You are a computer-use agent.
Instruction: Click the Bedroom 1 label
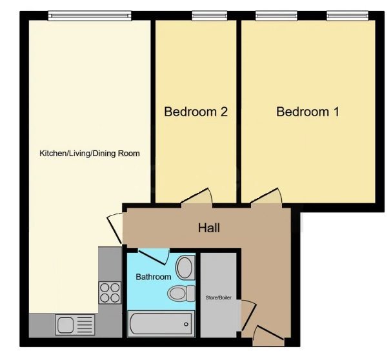[x=308, y=112]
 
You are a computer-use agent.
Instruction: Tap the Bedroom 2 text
[x=195, y=112]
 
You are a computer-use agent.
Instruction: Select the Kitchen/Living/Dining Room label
[x=90, y=154]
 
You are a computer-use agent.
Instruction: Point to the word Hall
[x=209, y=228]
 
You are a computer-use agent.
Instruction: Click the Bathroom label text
[x=153, y=277]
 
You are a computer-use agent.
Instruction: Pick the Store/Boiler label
[x=218, y=298]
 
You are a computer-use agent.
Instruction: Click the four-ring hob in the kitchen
[x=109, y=293]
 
